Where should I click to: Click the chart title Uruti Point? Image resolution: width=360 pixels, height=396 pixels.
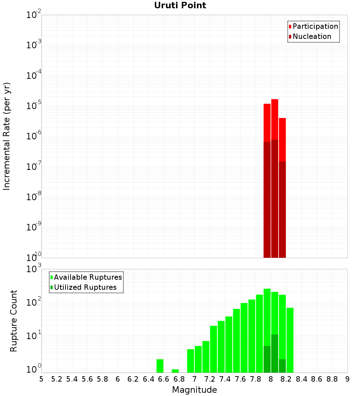coord(180,5)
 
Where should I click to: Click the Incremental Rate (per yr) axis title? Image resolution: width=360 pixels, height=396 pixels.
coord(7,136)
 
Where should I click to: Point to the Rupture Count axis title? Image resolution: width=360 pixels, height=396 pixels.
coord(14,321)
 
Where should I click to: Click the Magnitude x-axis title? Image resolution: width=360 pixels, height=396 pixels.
coord(194,390)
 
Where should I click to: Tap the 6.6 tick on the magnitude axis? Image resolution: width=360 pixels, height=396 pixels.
coord(164,379)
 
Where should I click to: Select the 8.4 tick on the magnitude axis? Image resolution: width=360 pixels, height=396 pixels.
coord(302,379)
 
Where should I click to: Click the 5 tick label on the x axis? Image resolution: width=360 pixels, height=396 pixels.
coord(41,379)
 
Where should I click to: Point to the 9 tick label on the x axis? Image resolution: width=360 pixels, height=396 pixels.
coord(347,379)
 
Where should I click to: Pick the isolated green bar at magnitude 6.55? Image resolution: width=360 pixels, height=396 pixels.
coord(160,366)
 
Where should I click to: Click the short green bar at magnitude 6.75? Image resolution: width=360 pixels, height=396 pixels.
coord(175,371)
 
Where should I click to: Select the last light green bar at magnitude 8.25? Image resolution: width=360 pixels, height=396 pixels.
coord(290,340)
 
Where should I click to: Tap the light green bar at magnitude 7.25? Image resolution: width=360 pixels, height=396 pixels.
coord(213,349)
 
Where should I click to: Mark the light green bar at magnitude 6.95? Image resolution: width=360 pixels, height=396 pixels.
coord(190,361)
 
